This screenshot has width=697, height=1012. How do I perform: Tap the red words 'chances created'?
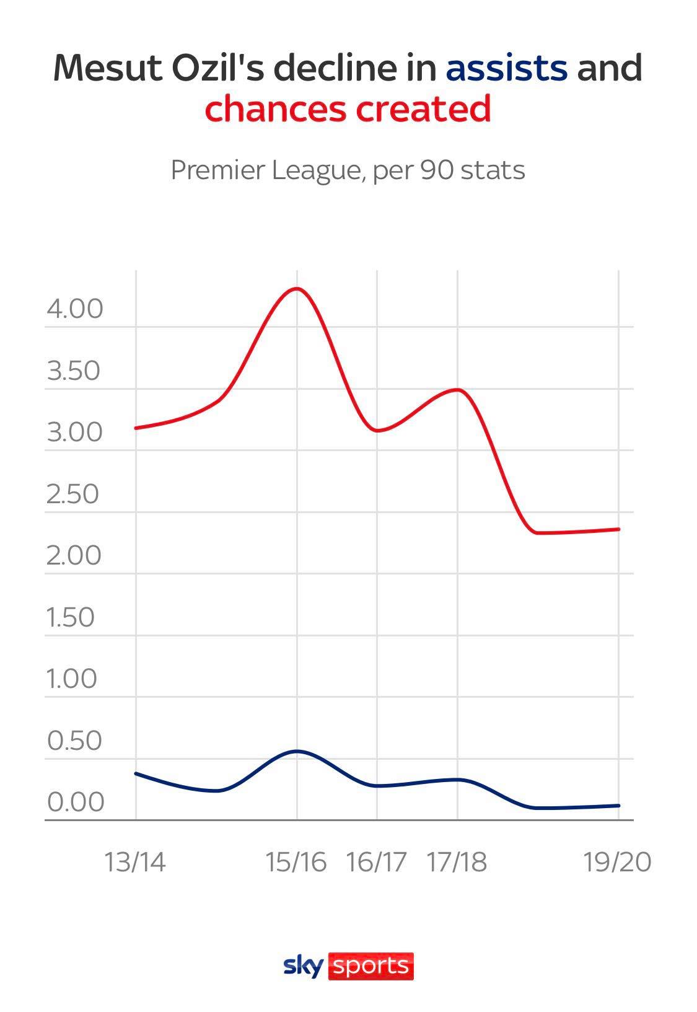[348, 108]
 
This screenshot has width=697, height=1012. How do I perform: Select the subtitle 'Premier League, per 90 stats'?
[348, 170]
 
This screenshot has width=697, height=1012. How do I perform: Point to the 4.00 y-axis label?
[74, 309]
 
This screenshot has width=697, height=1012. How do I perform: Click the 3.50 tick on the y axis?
[73, 371]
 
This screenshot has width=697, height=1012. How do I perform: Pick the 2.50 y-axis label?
[72, 494]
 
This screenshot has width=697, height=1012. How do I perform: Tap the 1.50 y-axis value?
[71, 617]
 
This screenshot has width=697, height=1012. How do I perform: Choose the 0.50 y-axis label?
[74, 741]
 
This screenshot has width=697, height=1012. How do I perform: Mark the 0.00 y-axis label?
[76, 802]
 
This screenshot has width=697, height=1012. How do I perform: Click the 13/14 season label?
[135, 862]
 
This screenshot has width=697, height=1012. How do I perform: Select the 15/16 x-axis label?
[296, 862]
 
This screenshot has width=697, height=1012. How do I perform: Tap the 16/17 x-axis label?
[377, 862]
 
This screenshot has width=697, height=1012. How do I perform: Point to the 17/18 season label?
[457, 862]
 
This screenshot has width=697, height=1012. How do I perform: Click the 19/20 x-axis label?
[618, 862]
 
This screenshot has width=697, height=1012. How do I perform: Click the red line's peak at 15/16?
[297, 288]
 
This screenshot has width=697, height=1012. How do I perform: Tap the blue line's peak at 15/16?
[297, 751]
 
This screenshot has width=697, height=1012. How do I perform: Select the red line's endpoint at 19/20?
[618, 529]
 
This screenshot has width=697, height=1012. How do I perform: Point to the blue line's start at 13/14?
[136, 773]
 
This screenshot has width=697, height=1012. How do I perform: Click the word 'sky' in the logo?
[303, 966]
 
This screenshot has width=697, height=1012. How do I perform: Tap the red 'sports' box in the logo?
[370, 966]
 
